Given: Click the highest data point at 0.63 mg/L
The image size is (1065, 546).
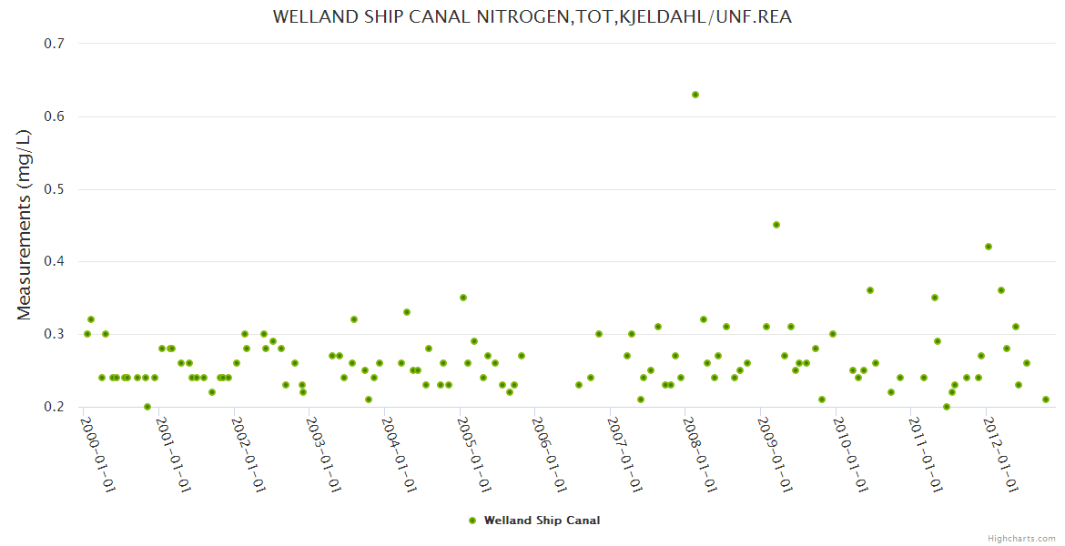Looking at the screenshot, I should [x=695, y=95].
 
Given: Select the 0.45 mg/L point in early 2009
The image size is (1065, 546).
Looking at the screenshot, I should [x=776, y=225].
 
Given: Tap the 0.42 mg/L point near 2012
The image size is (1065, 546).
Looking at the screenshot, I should [x=989, y=247].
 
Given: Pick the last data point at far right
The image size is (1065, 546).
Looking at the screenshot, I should [x=1046, y=399].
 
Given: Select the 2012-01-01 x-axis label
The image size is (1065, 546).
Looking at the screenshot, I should [x=1000, y=453].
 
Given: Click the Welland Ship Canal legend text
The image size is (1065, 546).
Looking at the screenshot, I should [x=542, y=521].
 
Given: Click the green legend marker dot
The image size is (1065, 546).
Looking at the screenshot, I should [x=472, y=521].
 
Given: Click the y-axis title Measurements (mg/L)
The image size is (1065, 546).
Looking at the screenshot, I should [x=25, y=225].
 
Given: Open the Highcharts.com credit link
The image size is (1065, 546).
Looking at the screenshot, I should [x=1021, y=538].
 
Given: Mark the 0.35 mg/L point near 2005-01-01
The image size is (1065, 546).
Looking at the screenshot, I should [x=463, y=298].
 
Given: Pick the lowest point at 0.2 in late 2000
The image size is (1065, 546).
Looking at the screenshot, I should [x=147, y=407].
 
